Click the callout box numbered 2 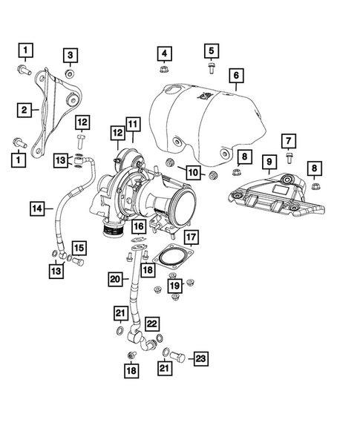click(24, 110)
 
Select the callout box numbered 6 click(236, 75)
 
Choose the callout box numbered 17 click(191, 237)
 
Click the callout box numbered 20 click(114, 279)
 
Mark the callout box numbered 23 click(200, 359)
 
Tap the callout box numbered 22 click(151, 323)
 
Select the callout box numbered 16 click(139, 225)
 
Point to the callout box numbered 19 click(174, 285)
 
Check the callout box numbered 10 click(192, 173)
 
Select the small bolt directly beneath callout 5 click(211, 70)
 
